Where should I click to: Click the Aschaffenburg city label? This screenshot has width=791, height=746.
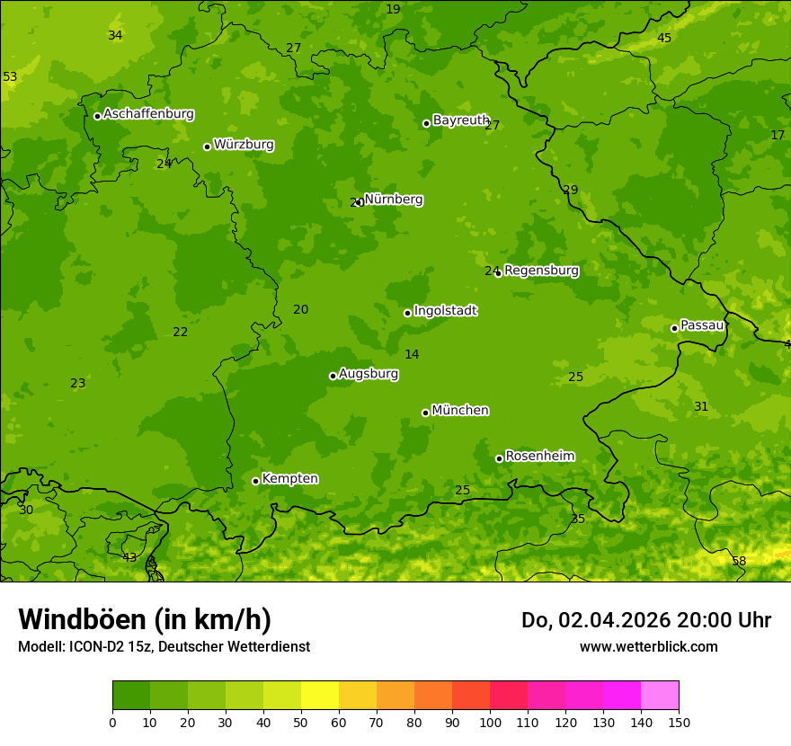click(x=148, y=114)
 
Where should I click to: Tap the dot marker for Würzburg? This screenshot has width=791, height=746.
click(x=207, y=147)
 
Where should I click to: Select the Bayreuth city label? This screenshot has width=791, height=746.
click(x=460, y=120)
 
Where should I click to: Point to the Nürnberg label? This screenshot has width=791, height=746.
click(x=394, y=200)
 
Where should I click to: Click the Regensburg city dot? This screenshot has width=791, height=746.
click(x=498, y=272)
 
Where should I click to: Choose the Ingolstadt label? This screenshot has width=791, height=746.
click(x=445, y=311)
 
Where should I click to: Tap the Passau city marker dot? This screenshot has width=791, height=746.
click(x=674, y=328)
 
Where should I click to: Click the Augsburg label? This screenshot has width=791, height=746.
click(x=369, y=374)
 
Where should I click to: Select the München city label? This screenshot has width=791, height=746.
click(x=460, y=411)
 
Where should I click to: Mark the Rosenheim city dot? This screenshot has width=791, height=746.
click(x=499, y=458)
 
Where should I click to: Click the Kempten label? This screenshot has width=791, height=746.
click(x=289, y=479)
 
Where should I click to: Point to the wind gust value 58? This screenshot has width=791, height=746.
click(x=739, y=562)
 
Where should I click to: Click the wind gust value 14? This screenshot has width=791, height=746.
click(x=412, y=355)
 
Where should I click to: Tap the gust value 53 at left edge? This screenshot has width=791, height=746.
click(x=10, y=77)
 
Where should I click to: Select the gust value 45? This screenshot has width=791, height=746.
click(x=664, y=38)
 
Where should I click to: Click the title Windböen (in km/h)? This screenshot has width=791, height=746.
click(x=145, y=619)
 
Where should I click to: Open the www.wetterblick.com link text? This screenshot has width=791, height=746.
click(x=648, y=646)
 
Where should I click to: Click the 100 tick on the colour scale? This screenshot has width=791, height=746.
click(x=490, y=722)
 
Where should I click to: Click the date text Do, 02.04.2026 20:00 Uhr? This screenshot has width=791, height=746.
click(x=645, y=620)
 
